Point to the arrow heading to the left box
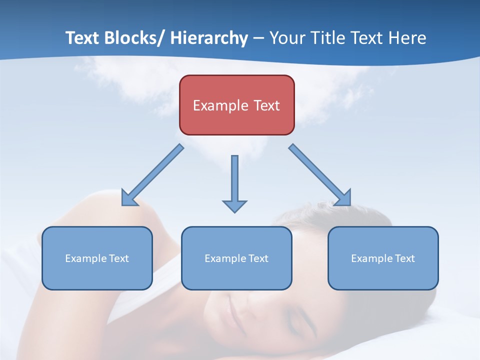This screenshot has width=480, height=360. coord(152,175)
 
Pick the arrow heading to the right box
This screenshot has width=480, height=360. coord(320,175)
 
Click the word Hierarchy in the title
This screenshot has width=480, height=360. coord(209,38)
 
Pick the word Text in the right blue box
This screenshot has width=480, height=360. coord(404,258)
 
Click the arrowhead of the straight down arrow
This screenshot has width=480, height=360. coord(234,205)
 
